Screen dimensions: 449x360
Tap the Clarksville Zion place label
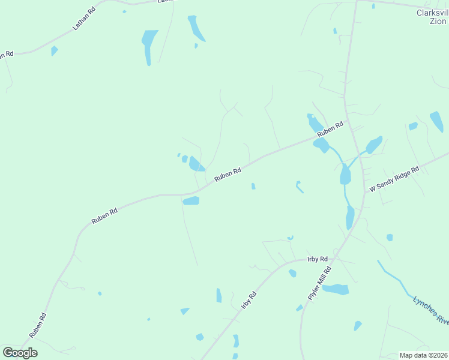click(x=432, y=16)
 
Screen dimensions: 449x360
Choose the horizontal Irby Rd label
click(x=317, y=259)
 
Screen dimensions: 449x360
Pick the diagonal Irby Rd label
click(x=249, y=299)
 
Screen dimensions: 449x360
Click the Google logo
click(x=20, y=353)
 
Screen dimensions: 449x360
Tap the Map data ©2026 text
click(x=423, y=355)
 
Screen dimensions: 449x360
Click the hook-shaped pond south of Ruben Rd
click(x=299, y=187)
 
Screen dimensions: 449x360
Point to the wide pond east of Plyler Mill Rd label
click(x=336, y=290)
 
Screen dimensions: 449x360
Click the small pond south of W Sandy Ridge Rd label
click(x=390, y=238)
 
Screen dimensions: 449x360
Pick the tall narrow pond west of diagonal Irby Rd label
click(x=218, y=295)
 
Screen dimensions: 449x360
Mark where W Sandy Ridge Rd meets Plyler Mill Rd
click(x=364, y=193)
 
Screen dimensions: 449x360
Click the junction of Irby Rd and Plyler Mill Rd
click(x=334, y=257)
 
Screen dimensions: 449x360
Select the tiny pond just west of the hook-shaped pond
click(x=253, y=187)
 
